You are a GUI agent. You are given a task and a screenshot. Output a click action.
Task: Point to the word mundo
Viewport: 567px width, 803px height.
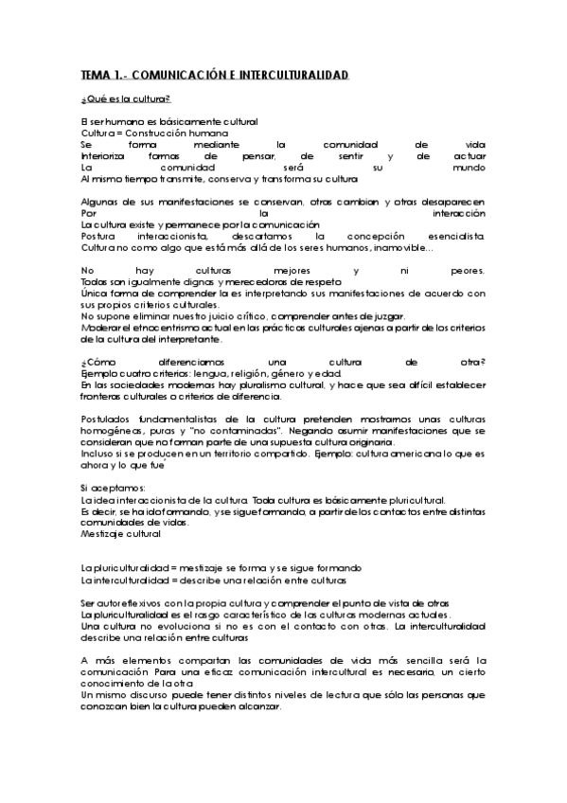pos(469,167)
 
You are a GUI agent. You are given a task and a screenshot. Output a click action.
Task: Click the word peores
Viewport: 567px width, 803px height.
pos(468,271)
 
